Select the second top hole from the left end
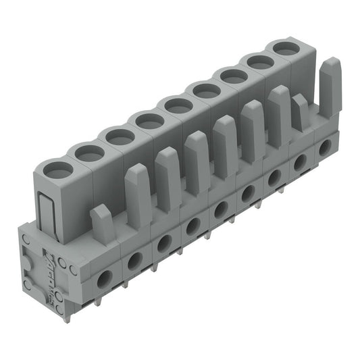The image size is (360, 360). pyautogui.click(x=89, y=153)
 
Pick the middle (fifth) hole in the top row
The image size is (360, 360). pyautogui.click(x=178, y=105)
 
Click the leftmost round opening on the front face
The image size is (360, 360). pyautogui.click(x=105, y=278)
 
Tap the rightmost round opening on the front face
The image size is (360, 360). pyautogui.click(x=326, y=145)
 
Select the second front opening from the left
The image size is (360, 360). pyautogui.click(x=134, y=259)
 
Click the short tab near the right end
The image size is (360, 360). pyautogui.click(x=299, y=111)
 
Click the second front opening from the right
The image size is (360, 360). pyautogui.click(x=302, y=159)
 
